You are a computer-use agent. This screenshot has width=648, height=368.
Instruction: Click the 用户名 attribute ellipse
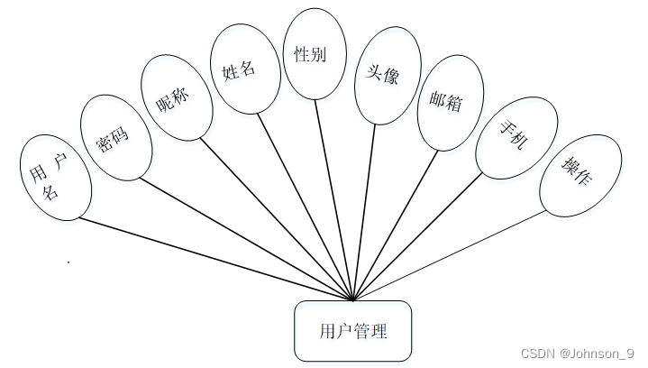(55, 178)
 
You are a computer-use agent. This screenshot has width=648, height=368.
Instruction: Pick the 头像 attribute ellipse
(376, 78)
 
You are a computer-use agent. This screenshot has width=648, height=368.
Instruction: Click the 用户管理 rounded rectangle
(353, 331)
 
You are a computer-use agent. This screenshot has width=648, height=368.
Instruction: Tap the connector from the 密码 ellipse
(243, 236)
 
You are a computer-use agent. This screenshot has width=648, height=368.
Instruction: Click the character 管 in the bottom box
(363, 331)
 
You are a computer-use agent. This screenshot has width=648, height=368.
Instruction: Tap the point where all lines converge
(353, 299)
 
